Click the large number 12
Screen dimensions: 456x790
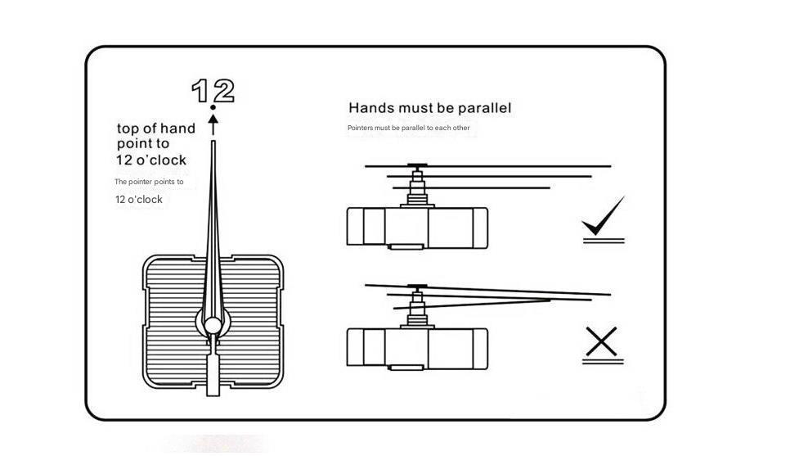[213, 91]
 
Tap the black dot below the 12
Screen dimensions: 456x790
[213, 108]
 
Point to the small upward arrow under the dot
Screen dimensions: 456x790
[213, 124]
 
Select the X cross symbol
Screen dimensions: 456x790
[602, 341]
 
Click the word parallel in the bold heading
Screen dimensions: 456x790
[483, 108]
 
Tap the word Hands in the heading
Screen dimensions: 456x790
[370, 108]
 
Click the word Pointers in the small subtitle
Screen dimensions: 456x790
[360, 129]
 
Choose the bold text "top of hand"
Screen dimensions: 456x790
[156, 129]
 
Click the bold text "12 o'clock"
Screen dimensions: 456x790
[151, 160]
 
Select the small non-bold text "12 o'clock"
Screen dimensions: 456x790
[139, 200]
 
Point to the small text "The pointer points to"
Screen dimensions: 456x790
[149, 182]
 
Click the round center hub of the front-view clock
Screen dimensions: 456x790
[213, 326]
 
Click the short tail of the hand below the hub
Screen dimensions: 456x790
[213, 372]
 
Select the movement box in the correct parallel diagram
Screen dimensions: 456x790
[417, 227]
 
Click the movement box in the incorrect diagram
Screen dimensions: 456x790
[417, 347]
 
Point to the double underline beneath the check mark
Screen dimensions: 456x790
[604, 241]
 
